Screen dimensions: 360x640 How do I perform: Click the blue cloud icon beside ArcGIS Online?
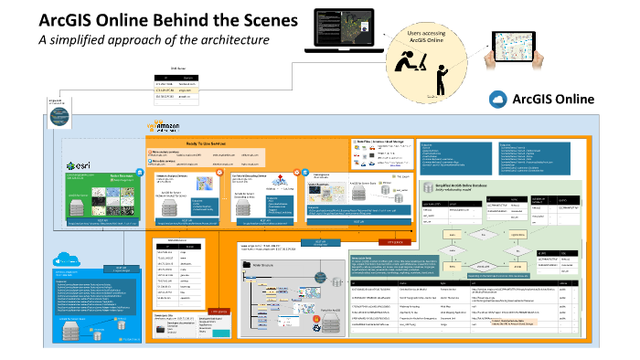point(498,99)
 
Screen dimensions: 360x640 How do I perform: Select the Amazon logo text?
point(166,126)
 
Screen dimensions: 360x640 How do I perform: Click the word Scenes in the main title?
point(265,20)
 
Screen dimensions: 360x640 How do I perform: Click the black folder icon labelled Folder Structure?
point(246,265)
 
